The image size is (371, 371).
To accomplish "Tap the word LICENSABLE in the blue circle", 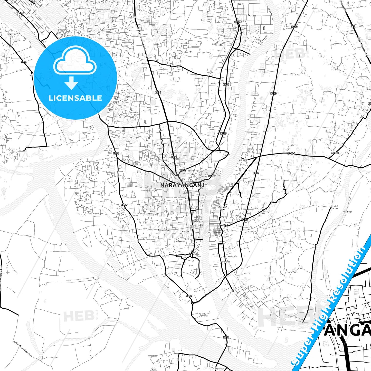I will click(75, 98).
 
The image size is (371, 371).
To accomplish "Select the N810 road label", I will click(24, 62).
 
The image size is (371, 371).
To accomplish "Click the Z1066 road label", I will click(291, 153).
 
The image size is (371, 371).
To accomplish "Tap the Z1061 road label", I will click(335, 153).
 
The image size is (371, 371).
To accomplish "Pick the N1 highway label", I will click(353, 26).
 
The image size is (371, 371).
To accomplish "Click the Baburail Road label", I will click(164, 230).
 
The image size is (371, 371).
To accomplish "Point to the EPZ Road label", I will click(252, 16).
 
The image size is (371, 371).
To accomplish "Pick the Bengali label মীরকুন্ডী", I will click(347, 212).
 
